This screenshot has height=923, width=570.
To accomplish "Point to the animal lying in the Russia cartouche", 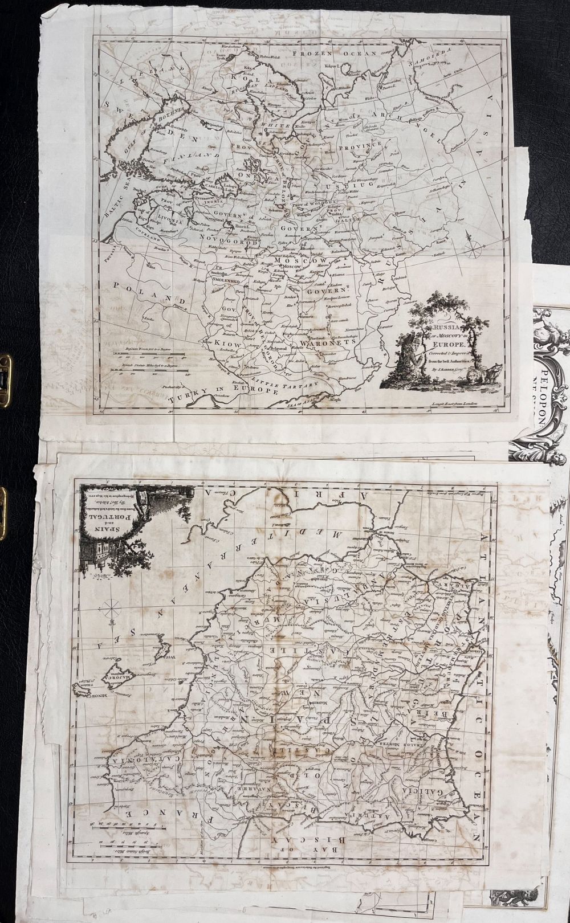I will coord(488,376).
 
